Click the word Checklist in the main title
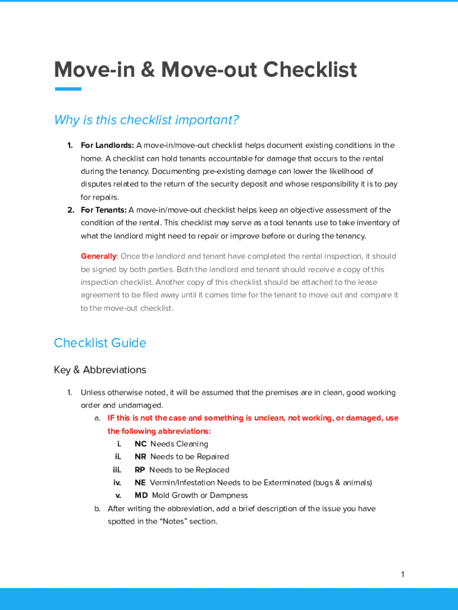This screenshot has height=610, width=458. coord(310,70)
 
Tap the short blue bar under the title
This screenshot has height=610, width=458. coord(68,89)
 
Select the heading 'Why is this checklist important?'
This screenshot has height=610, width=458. coord(146,120)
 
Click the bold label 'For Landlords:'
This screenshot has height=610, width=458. coord(107,145)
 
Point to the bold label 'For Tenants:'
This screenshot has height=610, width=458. coord(103,210)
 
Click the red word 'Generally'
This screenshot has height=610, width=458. coord(99,256)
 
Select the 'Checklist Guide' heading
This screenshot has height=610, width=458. coord(100,343)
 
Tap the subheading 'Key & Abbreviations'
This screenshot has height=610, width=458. coord(100,370)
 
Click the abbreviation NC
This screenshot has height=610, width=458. coord(140,444)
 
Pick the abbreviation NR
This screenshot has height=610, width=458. coord(140,457)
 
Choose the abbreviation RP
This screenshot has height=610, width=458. coord(140,470)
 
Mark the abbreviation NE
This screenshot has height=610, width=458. coord(140,483)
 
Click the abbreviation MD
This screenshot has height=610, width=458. coord(141,496)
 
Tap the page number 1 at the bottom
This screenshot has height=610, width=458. coord(403,575)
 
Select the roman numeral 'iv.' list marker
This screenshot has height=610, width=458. coord(117,483)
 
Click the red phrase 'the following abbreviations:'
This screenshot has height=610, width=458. coord(159,431)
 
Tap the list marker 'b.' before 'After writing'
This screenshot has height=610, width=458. coord(97,509)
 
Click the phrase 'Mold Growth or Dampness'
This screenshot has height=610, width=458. coord(200,496)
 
